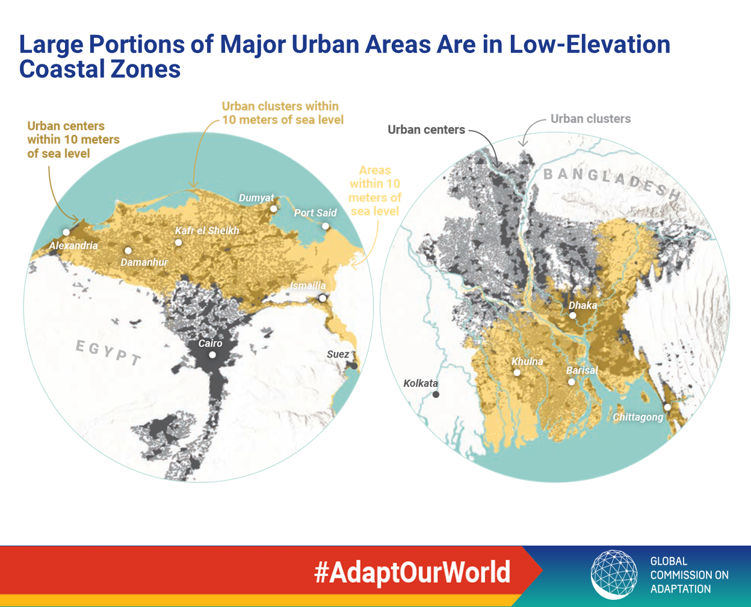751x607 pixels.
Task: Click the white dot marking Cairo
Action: pos(212,355)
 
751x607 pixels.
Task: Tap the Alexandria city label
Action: pos(73,246)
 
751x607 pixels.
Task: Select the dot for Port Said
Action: pos(326,226)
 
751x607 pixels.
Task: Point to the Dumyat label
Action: pos(256,198)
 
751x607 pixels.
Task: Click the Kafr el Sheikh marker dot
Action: pos(178,243)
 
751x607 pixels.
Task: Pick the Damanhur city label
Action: pos(144,262)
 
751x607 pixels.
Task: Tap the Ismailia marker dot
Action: pos(323,299)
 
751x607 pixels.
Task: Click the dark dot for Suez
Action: pos(354,366)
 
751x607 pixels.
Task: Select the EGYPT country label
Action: pos(108,353)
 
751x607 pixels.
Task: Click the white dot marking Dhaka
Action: pos(573,316)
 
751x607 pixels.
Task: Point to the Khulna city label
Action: pos(527,361)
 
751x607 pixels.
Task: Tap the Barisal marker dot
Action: pos(572,382)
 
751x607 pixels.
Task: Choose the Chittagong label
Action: pos(638,417)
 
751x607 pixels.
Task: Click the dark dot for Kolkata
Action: pos(436,394)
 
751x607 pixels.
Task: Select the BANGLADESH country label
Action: pos(612,184)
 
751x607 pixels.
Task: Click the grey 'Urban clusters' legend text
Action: pos(590,119)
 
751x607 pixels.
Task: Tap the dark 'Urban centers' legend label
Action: pos(426,130)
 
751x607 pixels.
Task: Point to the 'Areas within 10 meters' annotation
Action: pos(375,191)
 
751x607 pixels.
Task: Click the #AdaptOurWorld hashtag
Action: pos(412,572)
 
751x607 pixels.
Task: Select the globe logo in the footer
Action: pos(614,574)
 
